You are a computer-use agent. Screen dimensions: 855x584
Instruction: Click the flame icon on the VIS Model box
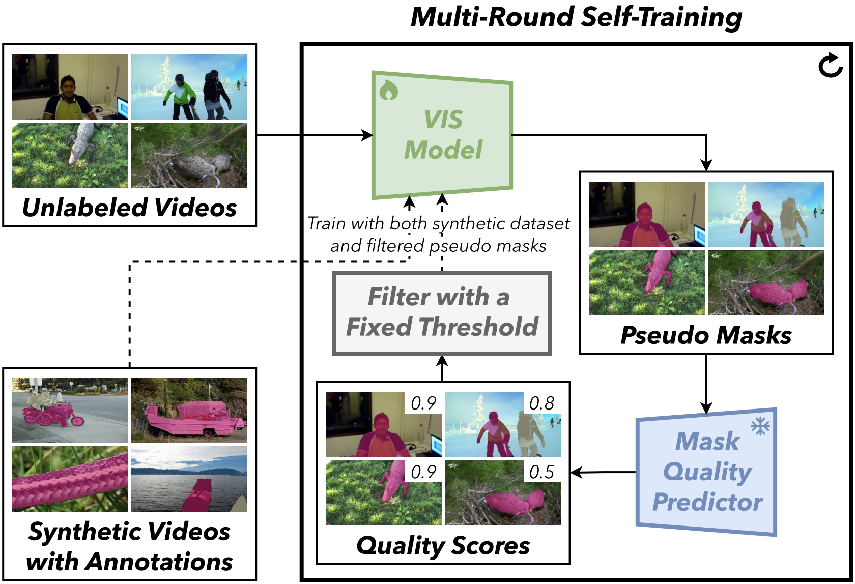tap(389, 90)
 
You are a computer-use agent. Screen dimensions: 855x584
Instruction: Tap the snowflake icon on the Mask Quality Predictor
tap(760, 426)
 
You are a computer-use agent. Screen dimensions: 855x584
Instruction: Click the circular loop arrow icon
tap(830, 66)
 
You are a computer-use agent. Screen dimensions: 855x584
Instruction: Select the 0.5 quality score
tap(541, 472)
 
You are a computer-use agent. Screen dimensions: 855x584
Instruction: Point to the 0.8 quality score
tap(541, 403)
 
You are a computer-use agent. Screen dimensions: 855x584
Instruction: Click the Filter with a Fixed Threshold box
tap(442, 313)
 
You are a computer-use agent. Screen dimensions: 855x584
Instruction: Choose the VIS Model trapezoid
tap(442, 135)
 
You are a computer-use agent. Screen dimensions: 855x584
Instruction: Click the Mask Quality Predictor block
tap(706, 472)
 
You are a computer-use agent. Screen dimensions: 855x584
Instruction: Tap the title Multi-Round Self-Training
tap(576, 17)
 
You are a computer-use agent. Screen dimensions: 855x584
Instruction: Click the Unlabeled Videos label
tap(130, 208)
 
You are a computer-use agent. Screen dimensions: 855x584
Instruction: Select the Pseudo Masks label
tap(706, 335)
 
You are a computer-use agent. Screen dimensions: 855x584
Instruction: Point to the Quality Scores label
tap(443, 545)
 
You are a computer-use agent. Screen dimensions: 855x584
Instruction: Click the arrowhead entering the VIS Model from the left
tap(367, 135)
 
